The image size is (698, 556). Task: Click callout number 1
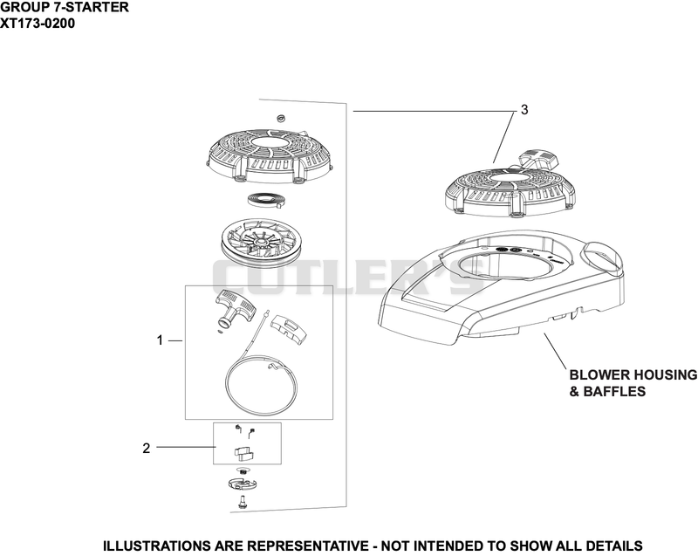[x=160, y=340]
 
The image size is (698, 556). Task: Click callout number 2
[x=147, y=449]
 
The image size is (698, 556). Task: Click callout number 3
[x=524, y=109]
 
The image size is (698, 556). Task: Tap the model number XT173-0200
[x=38, y=24]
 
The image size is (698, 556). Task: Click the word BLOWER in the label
[x=598, y=374]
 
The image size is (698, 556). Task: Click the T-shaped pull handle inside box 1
[x=235, y=308]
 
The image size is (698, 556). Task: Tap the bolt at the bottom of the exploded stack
[x=242, y=502]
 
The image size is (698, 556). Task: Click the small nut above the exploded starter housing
[x=280, y=118]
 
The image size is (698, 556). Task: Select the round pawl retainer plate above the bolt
[x=243, y=484]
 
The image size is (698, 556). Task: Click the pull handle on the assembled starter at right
[x=537, y=158]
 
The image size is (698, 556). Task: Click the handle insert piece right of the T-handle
[x=290, y=328]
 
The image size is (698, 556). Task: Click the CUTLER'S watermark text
[x=348, y=278]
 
